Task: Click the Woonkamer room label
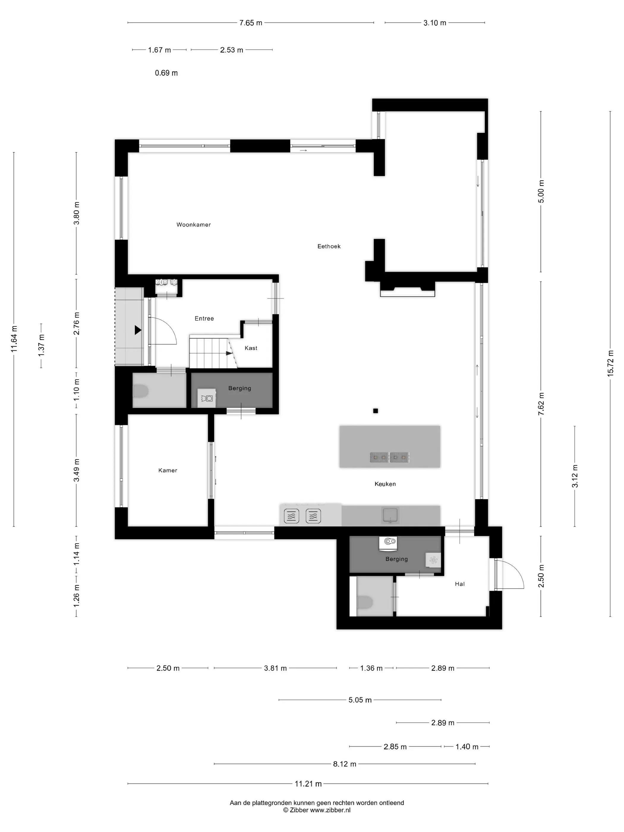193,225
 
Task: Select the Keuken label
385,484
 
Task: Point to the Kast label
251,348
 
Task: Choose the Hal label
460,584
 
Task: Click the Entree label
204,319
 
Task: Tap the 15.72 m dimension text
610,363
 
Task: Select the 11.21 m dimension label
308,784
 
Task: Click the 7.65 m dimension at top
251,23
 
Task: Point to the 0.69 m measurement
166,73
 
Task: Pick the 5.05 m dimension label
360,700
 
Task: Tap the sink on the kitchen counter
391,515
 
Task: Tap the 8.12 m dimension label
344,764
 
